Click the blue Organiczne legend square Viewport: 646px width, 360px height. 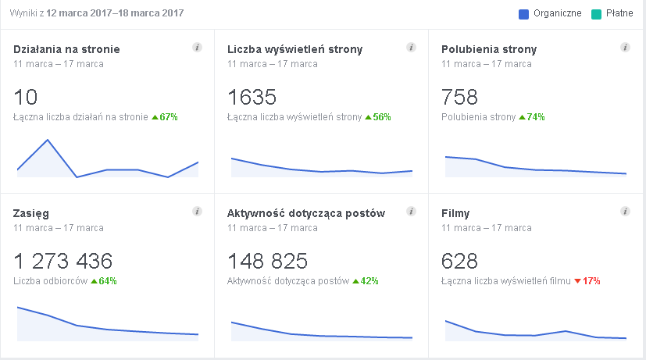[524, 14]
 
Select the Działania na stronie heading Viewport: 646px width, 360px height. [66, 49]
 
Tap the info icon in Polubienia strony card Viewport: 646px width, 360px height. [625, 48]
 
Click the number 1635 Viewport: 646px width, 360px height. [252, 98]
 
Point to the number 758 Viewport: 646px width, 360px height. [459, 98]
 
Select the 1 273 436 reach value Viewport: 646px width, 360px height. [63, 261]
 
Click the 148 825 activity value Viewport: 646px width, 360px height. [267, 261]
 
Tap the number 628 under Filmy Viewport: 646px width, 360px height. [459, 261]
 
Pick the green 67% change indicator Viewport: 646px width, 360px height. [165, 117]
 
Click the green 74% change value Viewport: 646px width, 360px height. [532, 117]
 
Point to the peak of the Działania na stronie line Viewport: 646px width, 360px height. [48, 140]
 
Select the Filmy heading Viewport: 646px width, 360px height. [455, 213]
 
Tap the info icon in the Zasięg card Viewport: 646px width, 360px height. [197, 212]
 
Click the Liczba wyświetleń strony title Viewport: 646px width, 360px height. [294, 49]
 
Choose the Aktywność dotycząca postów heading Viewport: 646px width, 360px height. [305, 213]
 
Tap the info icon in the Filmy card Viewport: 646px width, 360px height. [625, 212]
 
